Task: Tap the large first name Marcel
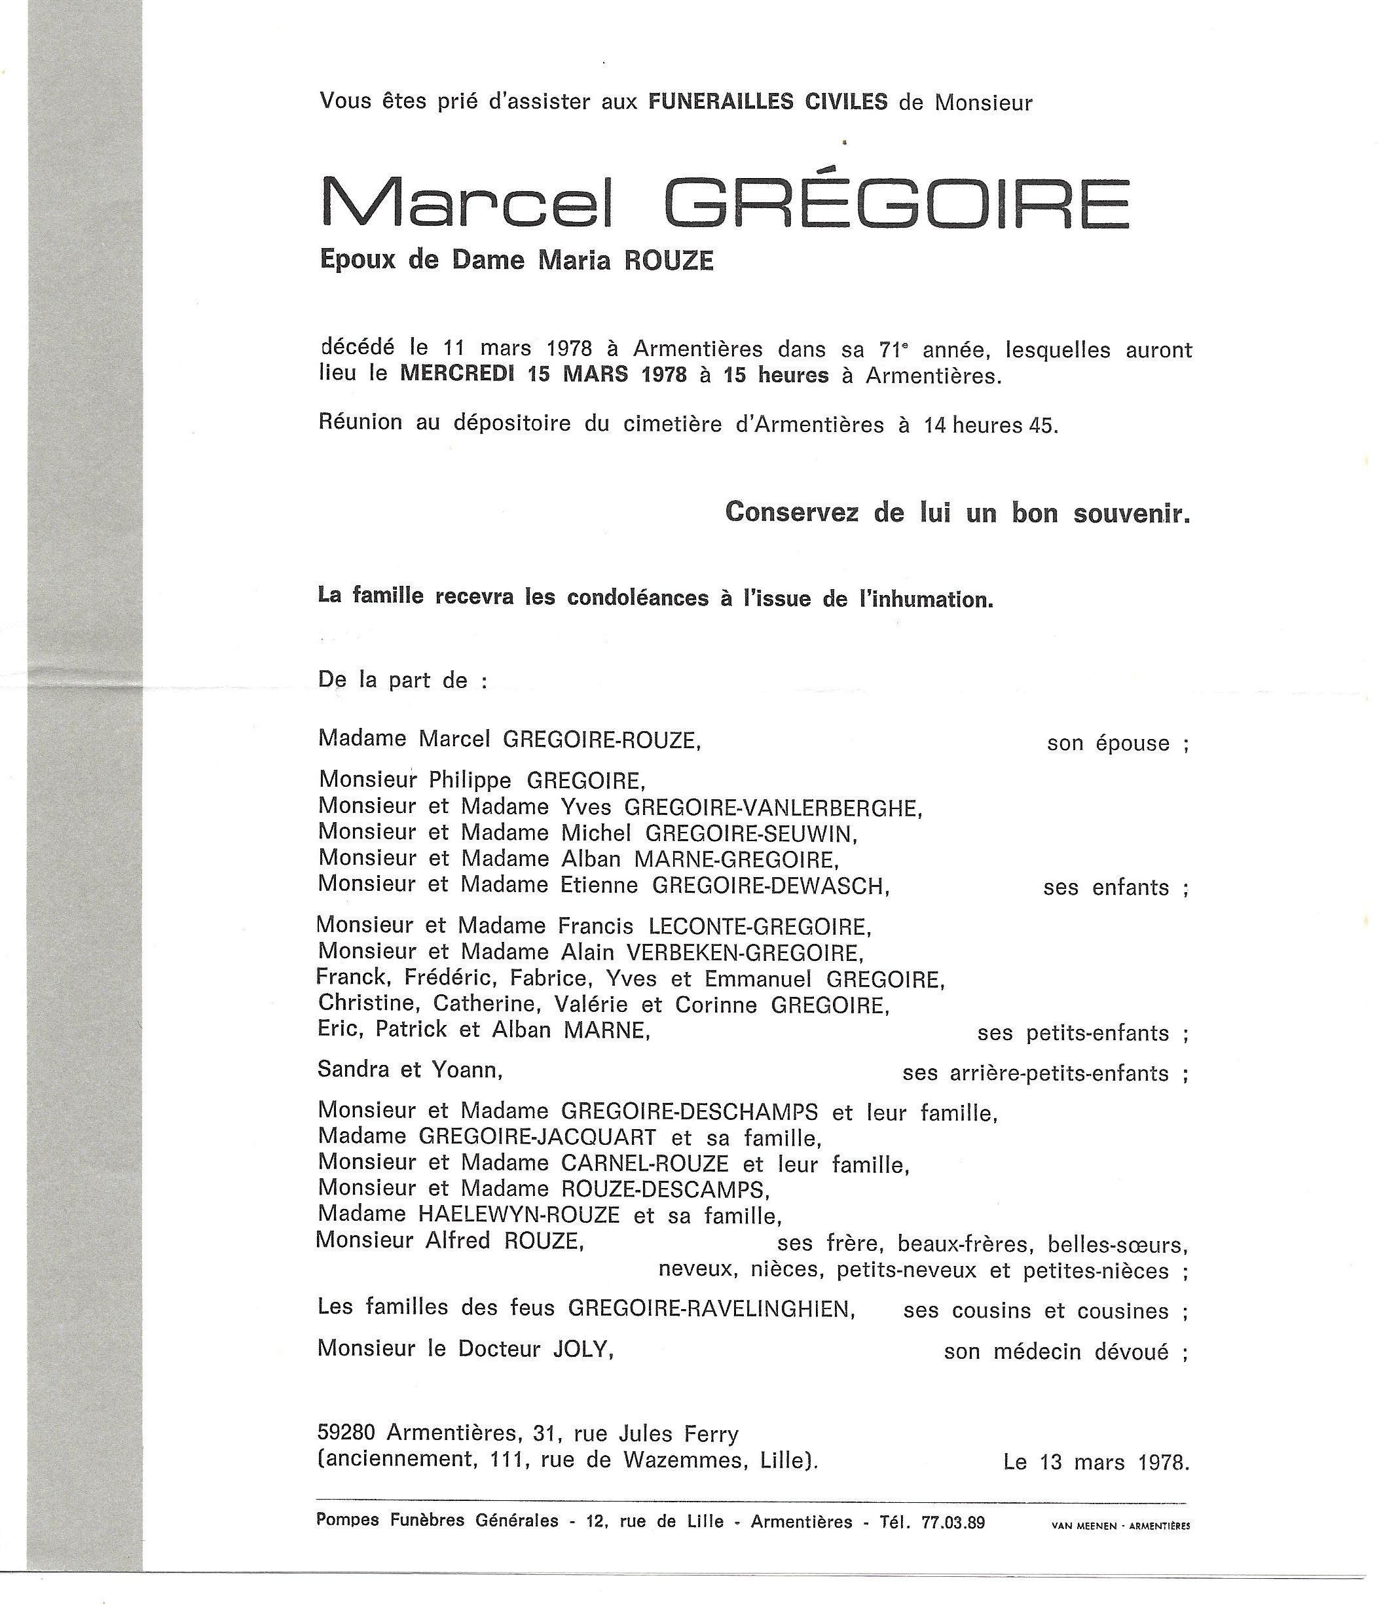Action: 466,203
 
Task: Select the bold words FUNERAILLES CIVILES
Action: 768,101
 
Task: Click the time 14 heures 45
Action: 989,425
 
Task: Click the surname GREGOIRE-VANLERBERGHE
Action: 773,808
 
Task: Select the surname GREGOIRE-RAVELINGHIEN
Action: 711,1308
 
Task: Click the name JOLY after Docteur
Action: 582,1348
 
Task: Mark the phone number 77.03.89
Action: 952,1521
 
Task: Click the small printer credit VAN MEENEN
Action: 1083,1526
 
